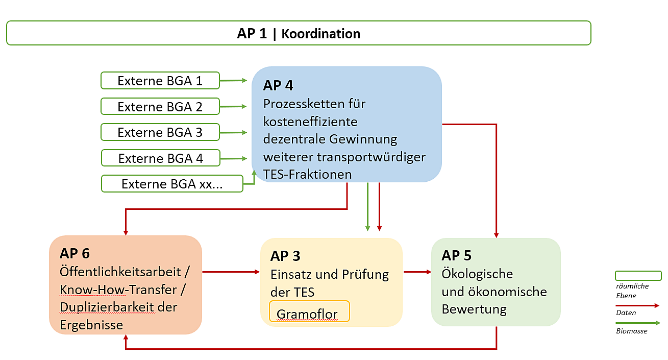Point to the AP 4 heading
[x=278, y=85]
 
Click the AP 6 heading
[x=75, y=253]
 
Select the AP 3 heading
[x=285, y=256]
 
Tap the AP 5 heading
[x=456, y=255]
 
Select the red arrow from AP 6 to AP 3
[x=231, y=272]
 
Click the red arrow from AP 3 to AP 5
[x=417, y=272]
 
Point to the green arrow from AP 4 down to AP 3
[x=368, y=207]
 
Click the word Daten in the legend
[x=626, y=313]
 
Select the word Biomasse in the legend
[x=632, y=331]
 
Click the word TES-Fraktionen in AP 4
[x=307, y=174]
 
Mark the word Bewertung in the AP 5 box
[x=474, y=309]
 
